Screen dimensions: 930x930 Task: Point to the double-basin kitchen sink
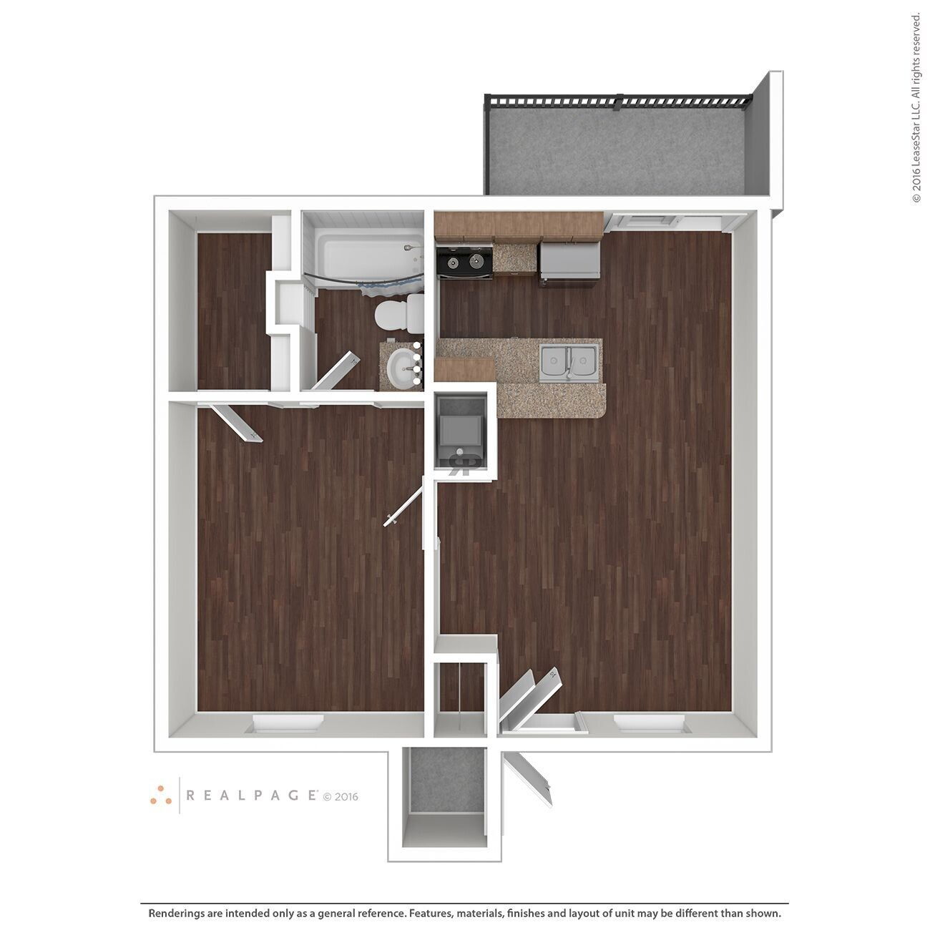point(569,362)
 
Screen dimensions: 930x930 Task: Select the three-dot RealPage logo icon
point(160,793)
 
